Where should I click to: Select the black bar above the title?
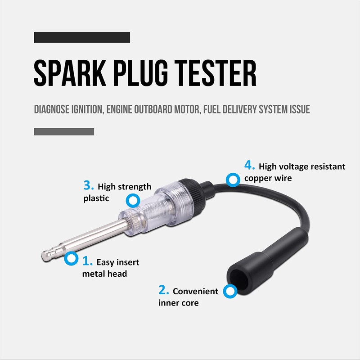82,37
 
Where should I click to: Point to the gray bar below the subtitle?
64,131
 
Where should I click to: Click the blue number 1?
87,261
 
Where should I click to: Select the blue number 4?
249,165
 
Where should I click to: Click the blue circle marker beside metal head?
71,258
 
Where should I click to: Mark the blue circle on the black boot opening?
231,291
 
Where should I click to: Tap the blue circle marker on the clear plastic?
132,200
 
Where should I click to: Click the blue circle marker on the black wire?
233,180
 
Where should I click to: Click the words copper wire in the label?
268,178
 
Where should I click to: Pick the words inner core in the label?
178,303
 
